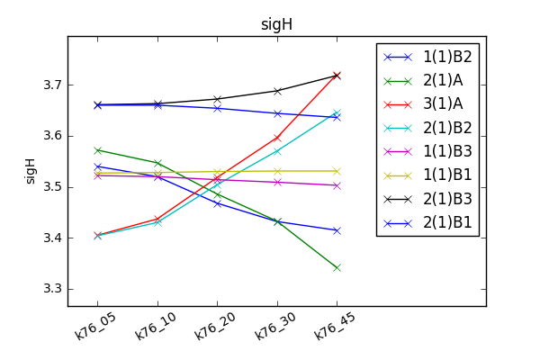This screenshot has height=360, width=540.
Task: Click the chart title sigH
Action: (276, 24)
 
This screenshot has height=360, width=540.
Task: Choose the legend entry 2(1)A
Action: (446, 79)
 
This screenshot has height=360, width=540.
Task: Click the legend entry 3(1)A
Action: (446, 103)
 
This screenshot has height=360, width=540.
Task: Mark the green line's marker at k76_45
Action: (337, 267)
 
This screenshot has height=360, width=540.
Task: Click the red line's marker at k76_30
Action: (277, 138)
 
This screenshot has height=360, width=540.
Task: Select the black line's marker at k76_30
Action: (277, 91)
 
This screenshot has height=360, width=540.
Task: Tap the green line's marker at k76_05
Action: (98, 150)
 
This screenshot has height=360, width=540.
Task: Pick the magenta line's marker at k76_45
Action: (337, 185)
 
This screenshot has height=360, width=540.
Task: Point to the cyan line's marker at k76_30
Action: (277, 151)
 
